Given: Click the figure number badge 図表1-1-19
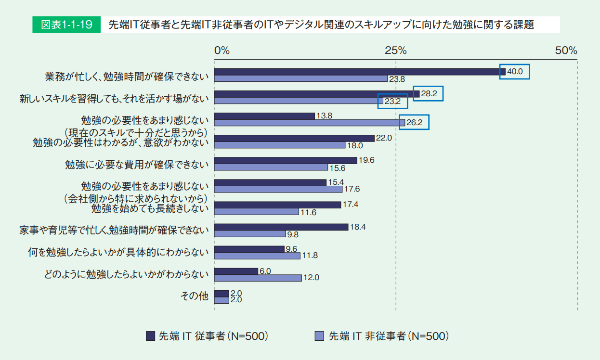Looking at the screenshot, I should coord(66,25).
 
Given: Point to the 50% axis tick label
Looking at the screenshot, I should coord(566,51).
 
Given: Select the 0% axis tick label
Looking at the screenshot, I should coord(222,51).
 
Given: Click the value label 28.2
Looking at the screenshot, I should coord(429,94).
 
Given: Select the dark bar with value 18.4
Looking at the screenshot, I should coord(281,227).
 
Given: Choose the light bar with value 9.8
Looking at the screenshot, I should coord(250,234).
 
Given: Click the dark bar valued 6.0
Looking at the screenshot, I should coord(236,271).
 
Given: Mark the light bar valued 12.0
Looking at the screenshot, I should coord(258,278).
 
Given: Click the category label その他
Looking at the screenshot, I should coord(194,296).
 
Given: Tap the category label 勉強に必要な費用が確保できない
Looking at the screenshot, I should coord(137,164).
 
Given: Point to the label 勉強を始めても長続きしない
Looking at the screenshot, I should coord(150,209).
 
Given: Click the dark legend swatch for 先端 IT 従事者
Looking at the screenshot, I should coord(150,336).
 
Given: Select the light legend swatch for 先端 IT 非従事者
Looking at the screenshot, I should coord(319,336).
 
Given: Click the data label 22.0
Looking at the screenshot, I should coord(384,138).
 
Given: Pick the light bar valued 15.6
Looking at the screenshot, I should coord(271,167).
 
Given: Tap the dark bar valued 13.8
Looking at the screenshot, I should coord(264,116).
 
